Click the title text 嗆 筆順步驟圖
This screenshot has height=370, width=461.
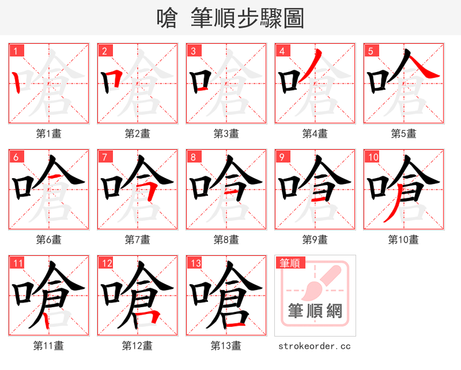coord(231,18)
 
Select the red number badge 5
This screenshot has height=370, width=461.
coord(371,51)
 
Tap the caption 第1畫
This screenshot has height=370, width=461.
coord(49,134)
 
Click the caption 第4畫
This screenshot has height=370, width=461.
coord(315,134)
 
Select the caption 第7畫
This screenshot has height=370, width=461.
coord(137,239)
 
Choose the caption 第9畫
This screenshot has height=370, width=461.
coord(315,239)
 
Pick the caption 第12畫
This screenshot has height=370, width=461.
coord(137,346)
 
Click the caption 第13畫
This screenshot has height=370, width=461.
coord(226,346)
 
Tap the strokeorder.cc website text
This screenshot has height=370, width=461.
coord(315,346)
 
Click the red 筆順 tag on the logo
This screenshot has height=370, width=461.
coord(290,263)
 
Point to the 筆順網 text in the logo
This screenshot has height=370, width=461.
coord(315,312)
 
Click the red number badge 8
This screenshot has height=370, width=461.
coord(194,157)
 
